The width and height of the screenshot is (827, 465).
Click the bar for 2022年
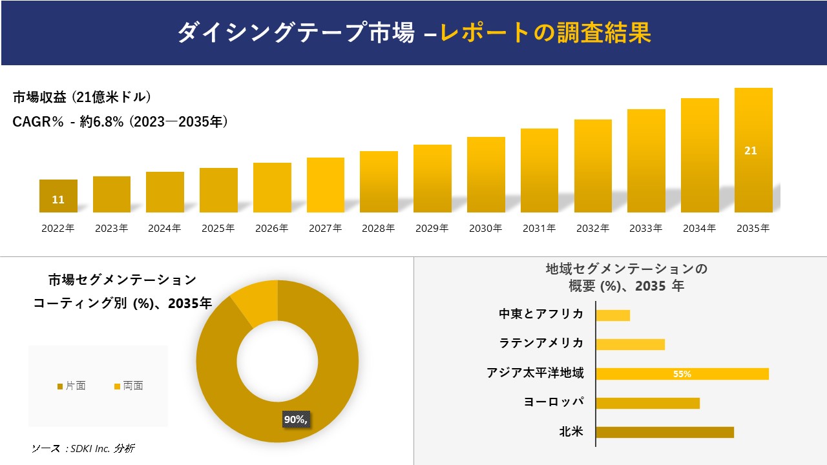tap(58, 196)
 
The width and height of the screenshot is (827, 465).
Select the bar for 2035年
tap(753, 150)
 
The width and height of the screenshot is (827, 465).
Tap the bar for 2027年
tap(326, 185)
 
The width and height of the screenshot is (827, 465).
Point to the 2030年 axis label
tap(485, 229)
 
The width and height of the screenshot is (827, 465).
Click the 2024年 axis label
tap(165, 229)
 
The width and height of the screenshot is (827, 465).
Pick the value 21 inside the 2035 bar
tap(751, 151)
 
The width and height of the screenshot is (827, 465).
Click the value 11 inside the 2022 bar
tap(58, 200)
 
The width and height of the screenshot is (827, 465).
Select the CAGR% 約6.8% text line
tap(120, 122)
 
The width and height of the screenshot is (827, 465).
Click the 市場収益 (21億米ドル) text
tap(81, 98)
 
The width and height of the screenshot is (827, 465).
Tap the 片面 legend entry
tap(72, 386)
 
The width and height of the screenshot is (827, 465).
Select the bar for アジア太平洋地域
tap(682, 374)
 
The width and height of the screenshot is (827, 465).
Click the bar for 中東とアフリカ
tap(612, 315)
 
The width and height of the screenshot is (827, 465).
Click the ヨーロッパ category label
tap(554, 402)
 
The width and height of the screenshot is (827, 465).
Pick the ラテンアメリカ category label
tap(541, 343)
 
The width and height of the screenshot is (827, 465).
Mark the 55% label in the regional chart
tap(682, 374)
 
